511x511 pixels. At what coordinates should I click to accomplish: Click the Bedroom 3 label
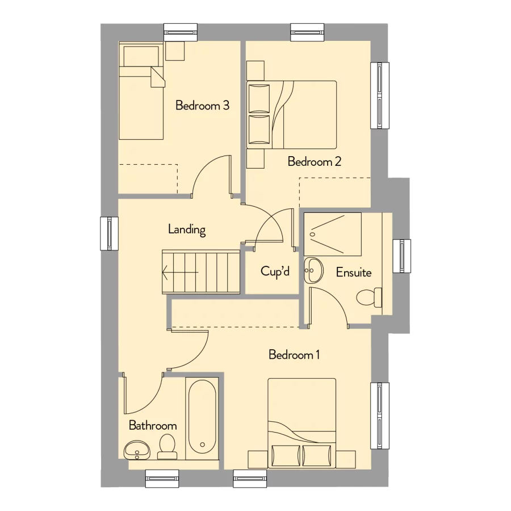[x=202, y=106]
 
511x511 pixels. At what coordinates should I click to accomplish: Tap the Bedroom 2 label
[x=314, y=162]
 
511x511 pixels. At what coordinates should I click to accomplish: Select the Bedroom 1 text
[x=294, y=355]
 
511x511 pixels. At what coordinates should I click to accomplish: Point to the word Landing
[x=187, y=230]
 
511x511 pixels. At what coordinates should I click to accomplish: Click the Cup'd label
[x=275, y=272]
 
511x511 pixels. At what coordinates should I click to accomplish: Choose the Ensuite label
[x=353, y=273]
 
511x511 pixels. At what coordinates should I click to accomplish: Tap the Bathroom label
[x=152, y=425]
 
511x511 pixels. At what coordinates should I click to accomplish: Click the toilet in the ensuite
[x=370, y=297]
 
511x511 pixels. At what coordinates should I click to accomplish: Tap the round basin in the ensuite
[x=313, y=270]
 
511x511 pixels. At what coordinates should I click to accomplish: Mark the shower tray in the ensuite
[x=333, y=234]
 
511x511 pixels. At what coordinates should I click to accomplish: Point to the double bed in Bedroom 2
[x=292, y=115]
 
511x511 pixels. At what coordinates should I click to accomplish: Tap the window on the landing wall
[x=109, y=233]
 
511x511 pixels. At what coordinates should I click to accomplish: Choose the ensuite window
[x=403, y=257]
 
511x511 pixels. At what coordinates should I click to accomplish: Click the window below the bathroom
[x=162, y=479]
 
